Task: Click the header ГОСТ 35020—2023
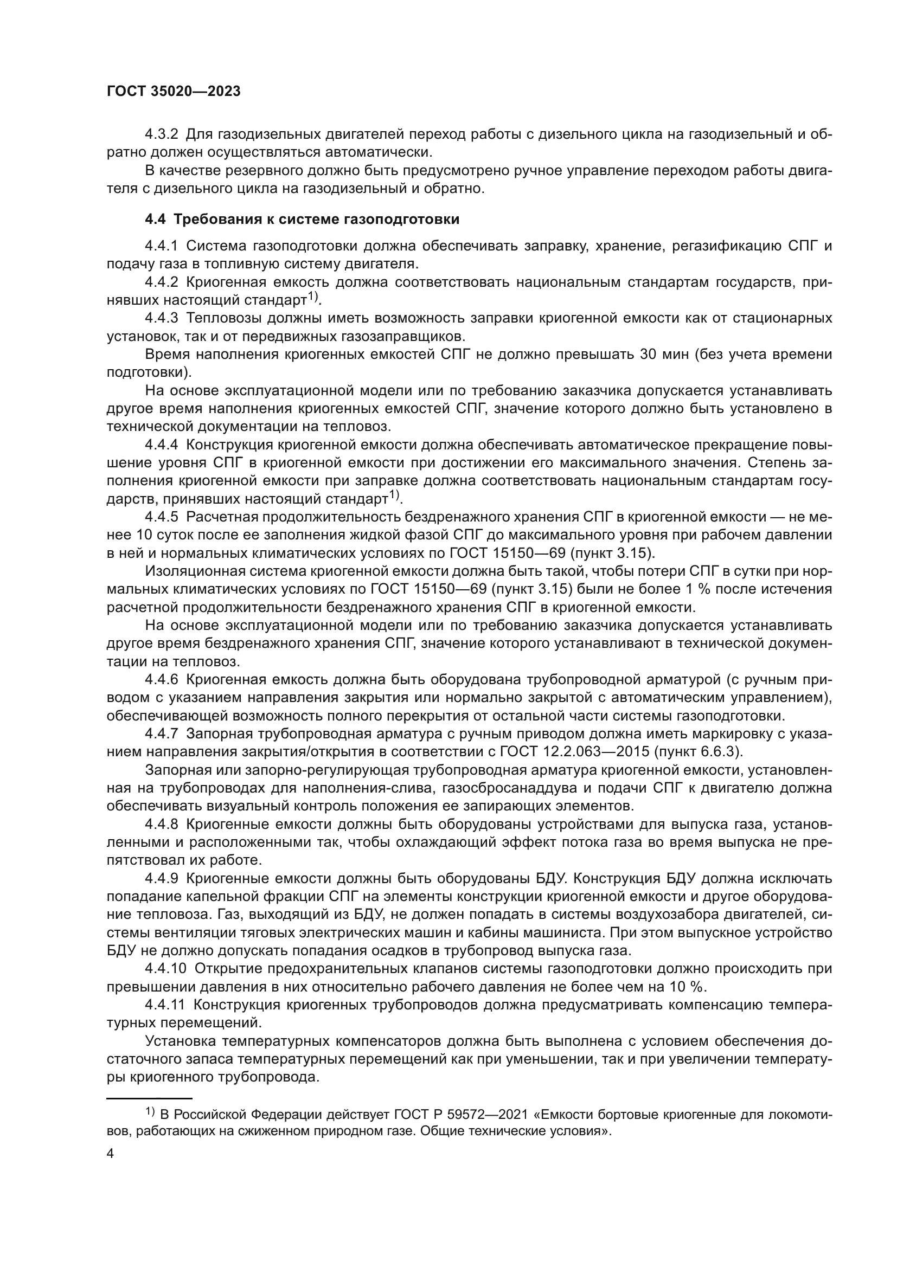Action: (174, 92)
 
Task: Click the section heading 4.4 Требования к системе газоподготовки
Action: (302, 219)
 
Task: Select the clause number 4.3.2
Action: (162, 134)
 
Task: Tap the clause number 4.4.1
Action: (162, 246)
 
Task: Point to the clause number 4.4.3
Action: (162, 318)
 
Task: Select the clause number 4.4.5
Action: (162, 517)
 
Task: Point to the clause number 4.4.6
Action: (162, 679)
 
